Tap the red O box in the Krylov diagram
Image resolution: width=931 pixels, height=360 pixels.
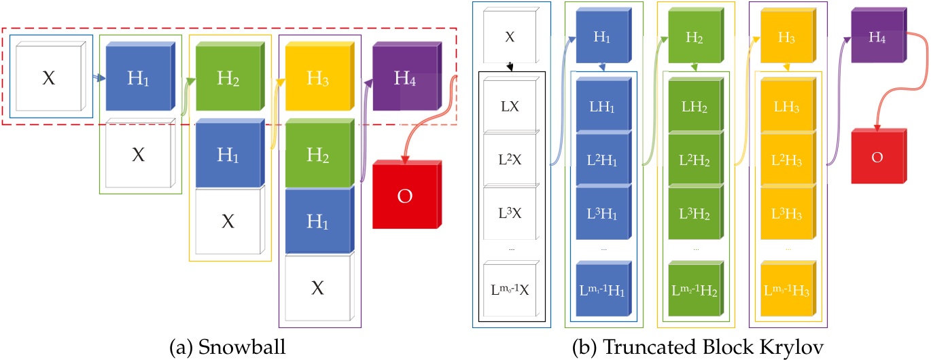(877, 158)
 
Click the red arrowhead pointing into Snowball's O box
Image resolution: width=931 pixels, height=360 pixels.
(406, 160)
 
